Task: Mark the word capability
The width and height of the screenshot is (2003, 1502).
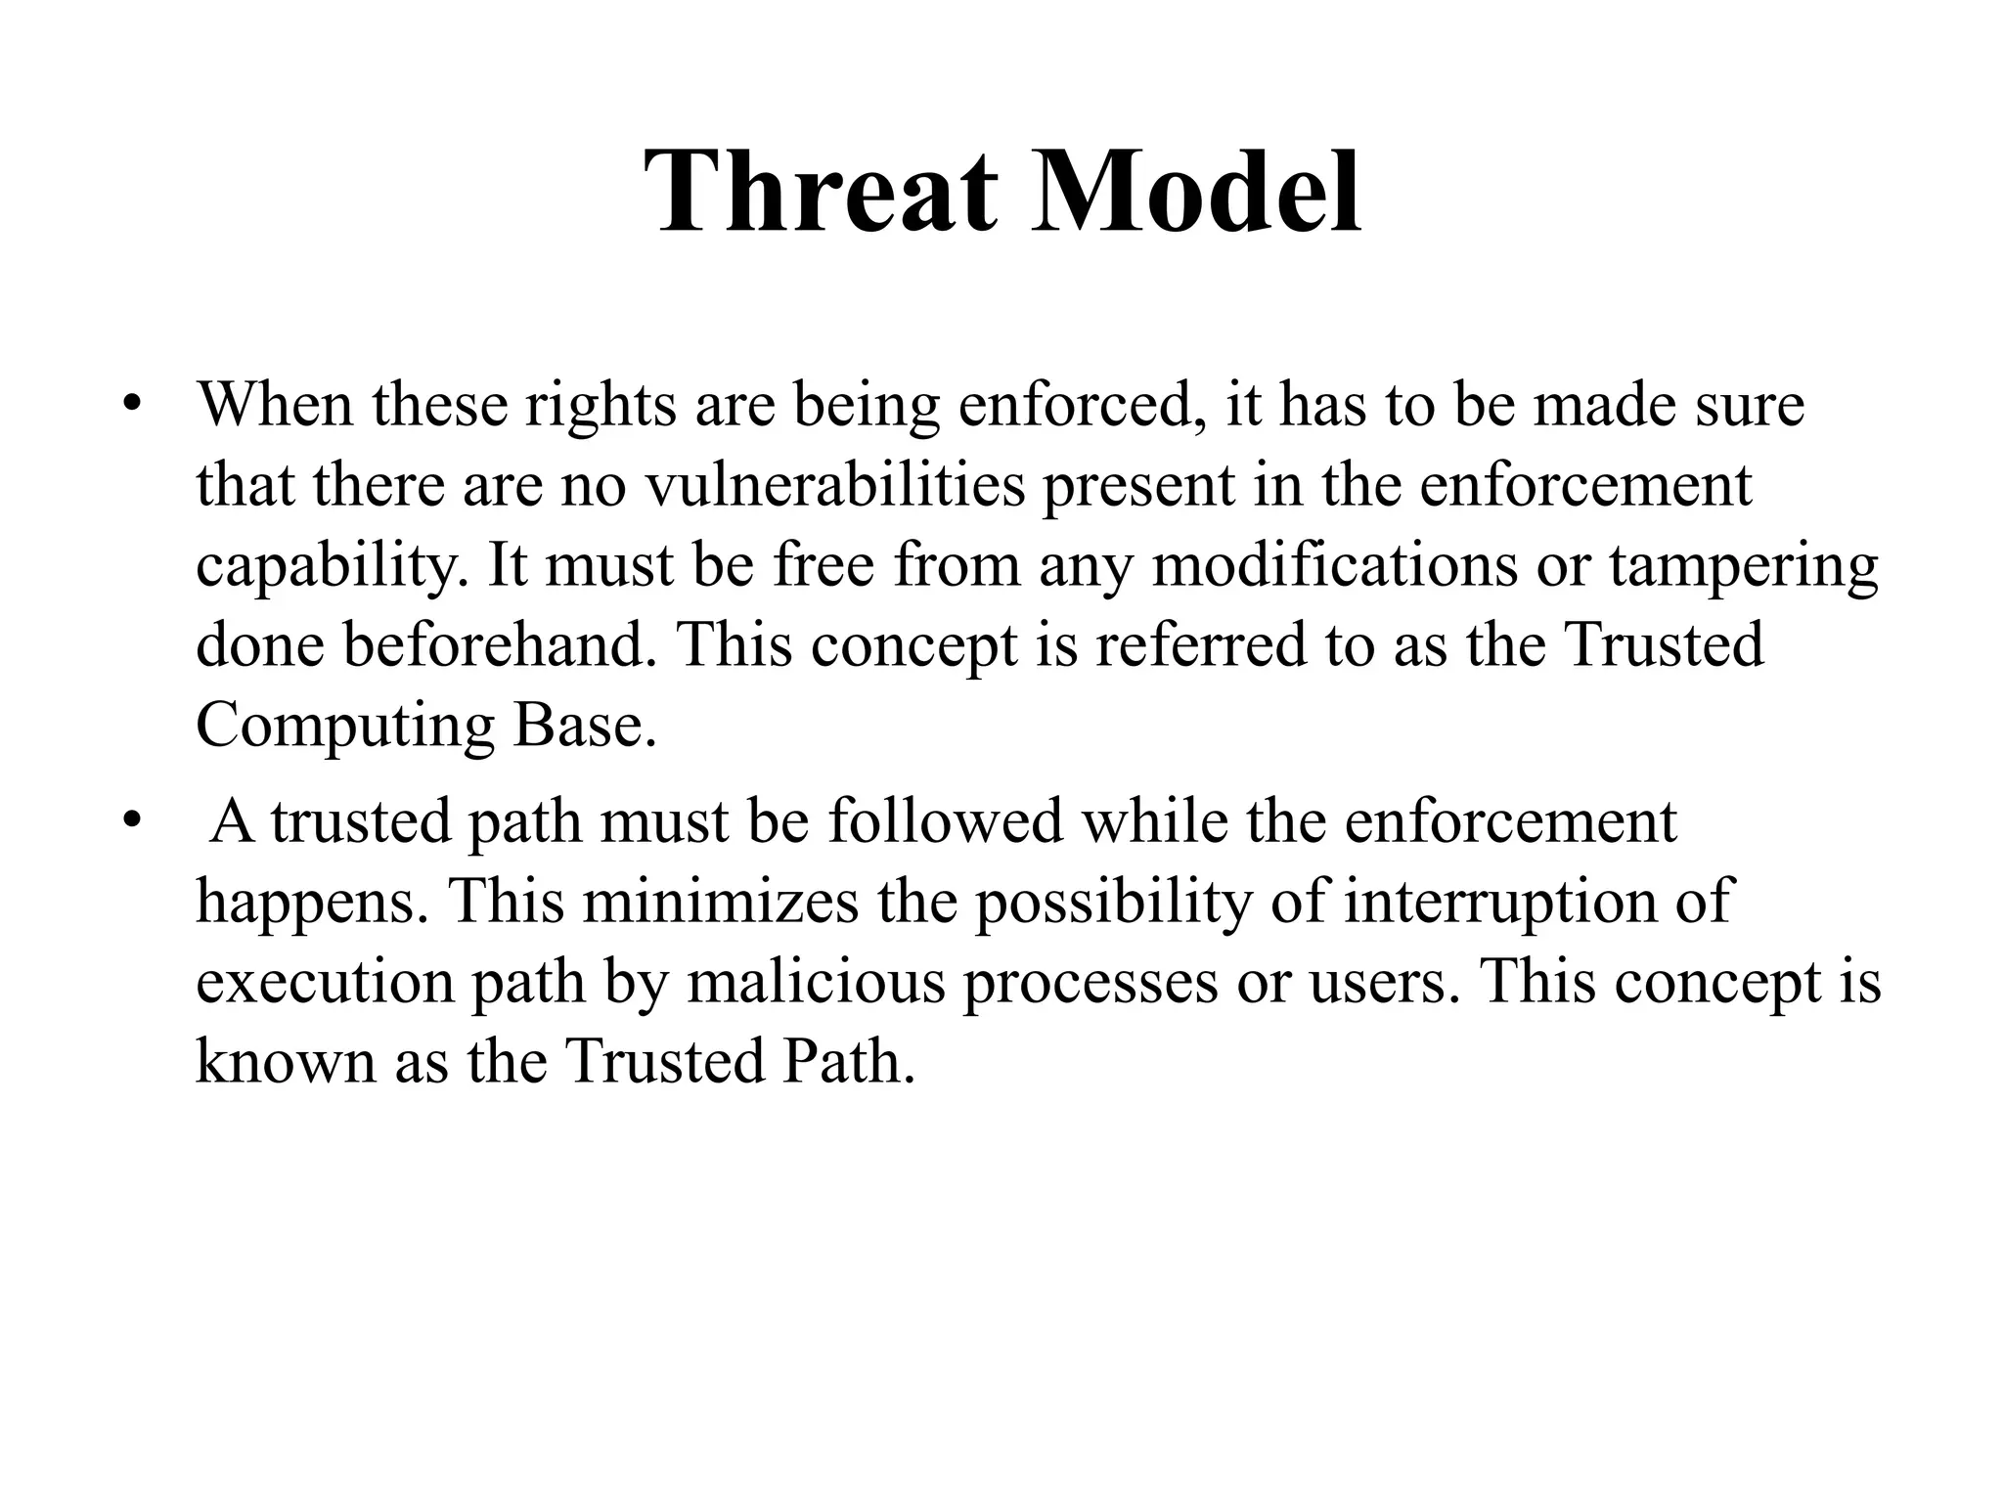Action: pos(332,568)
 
